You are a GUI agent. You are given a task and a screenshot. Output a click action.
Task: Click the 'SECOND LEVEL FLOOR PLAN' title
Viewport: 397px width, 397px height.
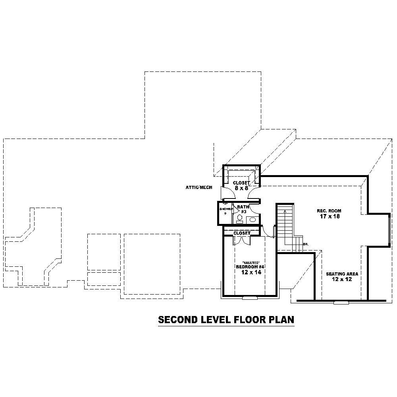226,320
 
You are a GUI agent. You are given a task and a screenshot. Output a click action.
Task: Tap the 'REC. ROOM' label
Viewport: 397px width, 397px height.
329,211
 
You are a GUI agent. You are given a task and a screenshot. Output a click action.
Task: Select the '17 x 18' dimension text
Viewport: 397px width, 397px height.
329,217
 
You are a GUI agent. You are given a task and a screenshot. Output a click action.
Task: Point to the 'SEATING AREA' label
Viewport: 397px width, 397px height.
342,274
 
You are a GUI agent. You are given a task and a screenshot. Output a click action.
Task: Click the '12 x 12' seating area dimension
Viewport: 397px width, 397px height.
342,279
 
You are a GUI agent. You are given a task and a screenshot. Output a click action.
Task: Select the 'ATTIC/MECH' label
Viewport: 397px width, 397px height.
199,187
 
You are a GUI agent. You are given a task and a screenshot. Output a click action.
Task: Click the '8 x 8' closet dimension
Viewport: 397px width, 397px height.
241,188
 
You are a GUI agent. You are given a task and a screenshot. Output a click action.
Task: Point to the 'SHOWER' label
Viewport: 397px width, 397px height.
225,209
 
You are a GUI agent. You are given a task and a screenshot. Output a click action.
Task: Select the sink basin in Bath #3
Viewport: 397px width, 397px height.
252,220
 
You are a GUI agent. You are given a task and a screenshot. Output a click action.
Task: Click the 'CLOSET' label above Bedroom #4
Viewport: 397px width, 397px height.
242,233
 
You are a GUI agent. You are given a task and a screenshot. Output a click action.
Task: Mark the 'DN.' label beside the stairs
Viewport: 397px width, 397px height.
306,244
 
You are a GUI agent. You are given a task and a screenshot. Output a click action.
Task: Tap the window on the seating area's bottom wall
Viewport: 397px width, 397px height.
341,303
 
